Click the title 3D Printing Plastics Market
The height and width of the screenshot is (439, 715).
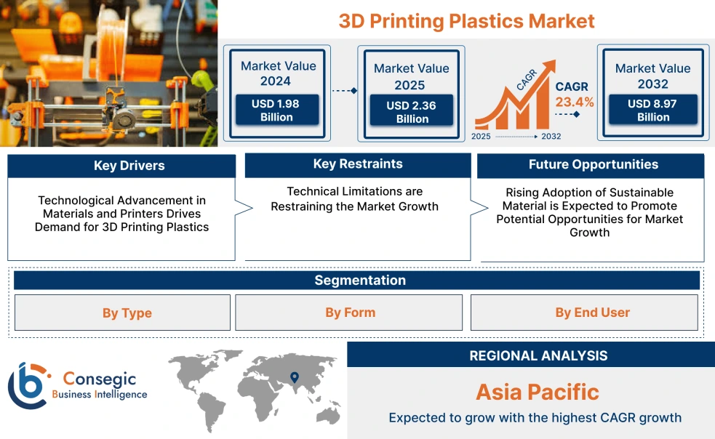pos(466,20)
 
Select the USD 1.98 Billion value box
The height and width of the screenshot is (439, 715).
pos(276,110)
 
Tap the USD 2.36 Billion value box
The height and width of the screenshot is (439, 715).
pos(412,112)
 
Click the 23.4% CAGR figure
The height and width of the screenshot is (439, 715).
pos(574,102)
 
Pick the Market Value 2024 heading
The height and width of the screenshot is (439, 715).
pos(278,73)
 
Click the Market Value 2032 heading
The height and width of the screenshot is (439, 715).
pos(652,76)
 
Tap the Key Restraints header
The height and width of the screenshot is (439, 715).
pos(357,164)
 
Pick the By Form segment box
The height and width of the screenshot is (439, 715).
pos(350,313)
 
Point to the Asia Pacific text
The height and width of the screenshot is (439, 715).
pos(537,392)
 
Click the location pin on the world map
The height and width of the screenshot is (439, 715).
pos(294,376)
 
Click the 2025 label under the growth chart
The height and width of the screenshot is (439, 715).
pos(481,136)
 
